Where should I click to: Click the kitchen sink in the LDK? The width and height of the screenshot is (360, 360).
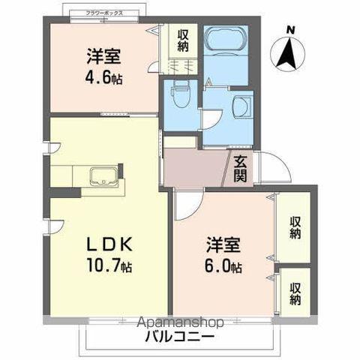pyautogui.click(x=103, y=179)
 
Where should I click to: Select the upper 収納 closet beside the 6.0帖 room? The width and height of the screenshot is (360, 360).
pyautogui.click(x=296, y=228)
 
